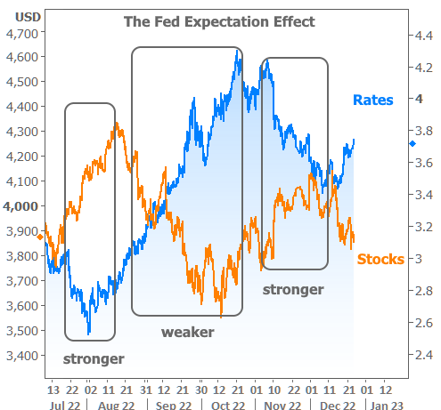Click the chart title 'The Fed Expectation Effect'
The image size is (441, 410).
click(x=219, y=21)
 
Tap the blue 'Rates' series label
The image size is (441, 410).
click(x=373, y=100)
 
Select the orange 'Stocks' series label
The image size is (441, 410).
click(x=380, y=259)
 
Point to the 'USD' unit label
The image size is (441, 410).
click(x=28, y=17)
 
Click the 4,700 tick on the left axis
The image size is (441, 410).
click(x=22, y=34)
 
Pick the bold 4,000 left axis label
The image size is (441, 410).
click(x=20, y=206)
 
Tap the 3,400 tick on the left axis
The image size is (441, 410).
click(x=22, y=356)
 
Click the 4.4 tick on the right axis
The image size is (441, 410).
click(x=424, y=36)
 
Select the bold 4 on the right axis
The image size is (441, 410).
click(x=419, y=99)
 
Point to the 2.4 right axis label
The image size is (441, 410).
click(x=424, y=355)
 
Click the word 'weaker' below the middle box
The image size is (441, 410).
click(x=188, y=332)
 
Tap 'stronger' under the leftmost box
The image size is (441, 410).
click(x=94, y=359)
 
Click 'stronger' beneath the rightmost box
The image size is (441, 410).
click(x=293, y=290)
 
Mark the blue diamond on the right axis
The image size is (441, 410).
click(x=412, y=144)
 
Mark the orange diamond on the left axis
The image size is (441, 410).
click(x=40, y=237)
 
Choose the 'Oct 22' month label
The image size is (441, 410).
click(x=228, y=406)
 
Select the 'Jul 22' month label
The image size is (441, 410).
click(x=65, y=406)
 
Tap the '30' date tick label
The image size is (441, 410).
click(x=201, y=390)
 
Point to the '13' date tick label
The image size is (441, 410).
click(x=53, y=390)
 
